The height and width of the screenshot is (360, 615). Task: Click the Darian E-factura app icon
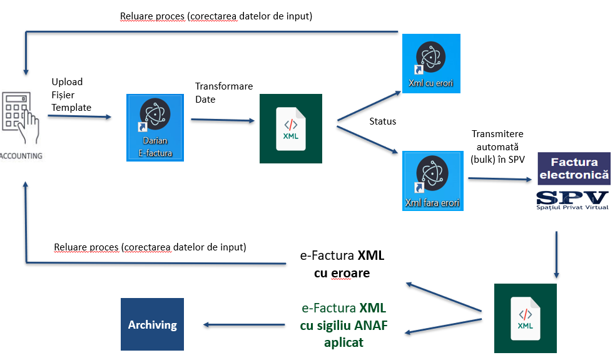point(156,128)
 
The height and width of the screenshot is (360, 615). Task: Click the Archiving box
point(152,324)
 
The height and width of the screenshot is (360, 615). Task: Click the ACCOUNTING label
point(21,156)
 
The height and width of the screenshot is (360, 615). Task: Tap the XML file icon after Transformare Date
point(291,129)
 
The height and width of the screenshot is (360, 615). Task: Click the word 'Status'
point(383,121)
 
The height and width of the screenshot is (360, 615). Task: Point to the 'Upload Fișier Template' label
point(71,95)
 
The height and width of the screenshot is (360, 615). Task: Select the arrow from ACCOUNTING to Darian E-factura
point(80,116)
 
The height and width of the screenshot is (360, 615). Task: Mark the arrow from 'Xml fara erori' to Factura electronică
point(500,179)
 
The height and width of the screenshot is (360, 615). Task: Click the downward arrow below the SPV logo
point(556,254)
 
